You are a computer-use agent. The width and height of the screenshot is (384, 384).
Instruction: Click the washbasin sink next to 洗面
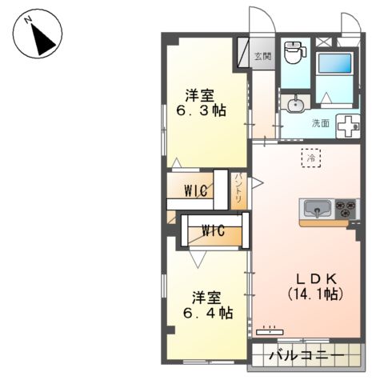(x=295, y=104)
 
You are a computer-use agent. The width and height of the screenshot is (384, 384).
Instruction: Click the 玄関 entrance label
(x=262, y=57)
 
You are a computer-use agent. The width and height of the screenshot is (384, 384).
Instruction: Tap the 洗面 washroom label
(x=320, y=123)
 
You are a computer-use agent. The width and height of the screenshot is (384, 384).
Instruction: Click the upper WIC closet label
(x=196, y=190)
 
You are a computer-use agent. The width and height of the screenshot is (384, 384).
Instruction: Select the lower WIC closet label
(x=212, y=231)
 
